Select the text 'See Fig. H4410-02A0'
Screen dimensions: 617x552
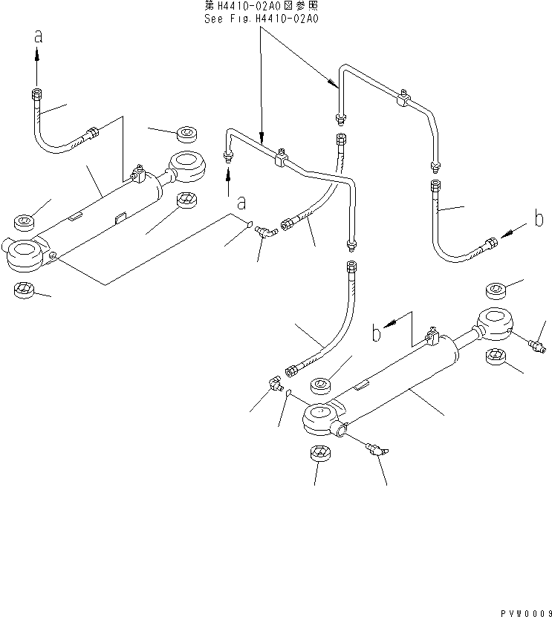tap(261, 19)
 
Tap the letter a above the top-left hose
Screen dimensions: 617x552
tap(38, 36)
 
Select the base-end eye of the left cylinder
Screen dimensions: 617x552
tap(25, 254)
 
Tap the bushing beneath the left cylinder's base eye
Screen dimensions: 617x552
tap(25, 290)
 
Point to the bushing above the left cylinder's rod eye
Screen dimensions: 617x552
tap(184, 134)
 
